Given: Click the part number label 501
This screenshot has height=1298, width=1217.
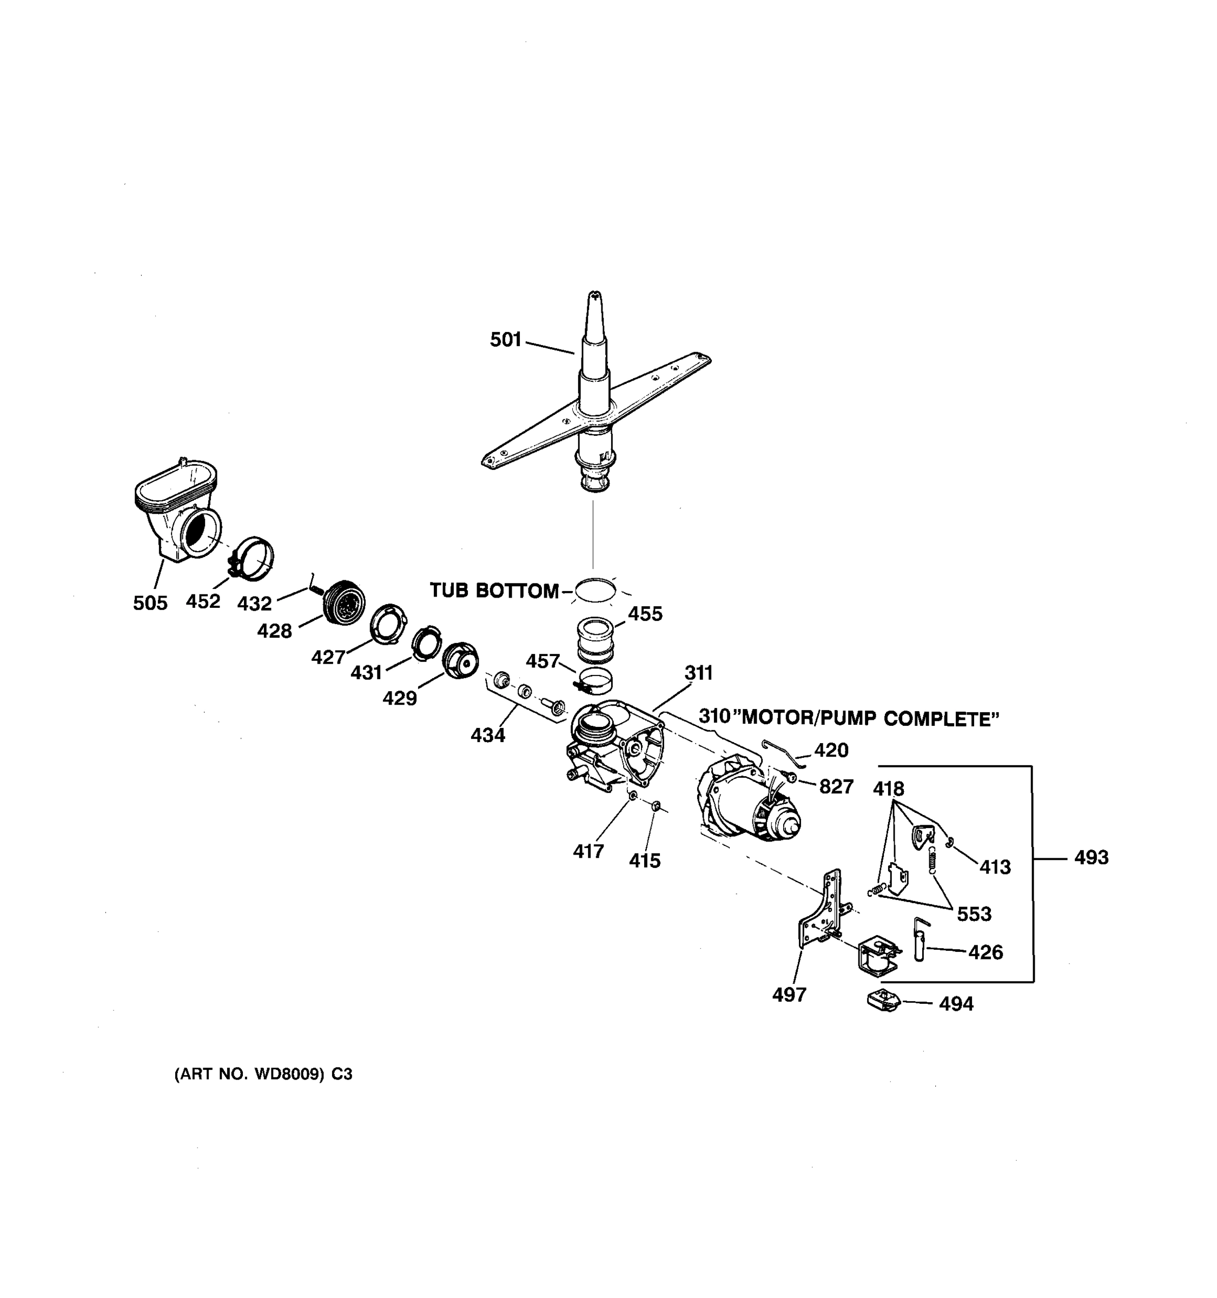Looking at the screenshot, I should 505,340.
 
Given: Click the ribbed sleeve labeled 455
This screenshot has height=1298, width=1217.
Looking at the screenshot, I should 596,639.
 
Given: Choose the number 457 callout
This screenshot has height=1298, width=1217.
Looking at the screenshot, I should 542,661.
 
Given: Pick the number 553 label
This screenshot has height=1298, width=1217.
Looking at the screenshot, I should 974,914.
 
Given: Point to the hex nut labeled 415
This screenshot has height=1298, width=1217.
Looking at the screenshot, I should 657,806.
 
